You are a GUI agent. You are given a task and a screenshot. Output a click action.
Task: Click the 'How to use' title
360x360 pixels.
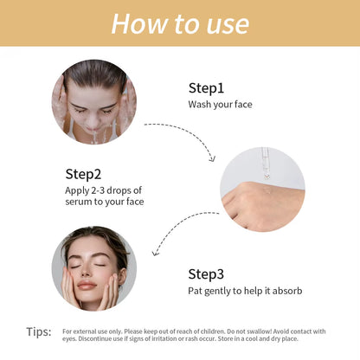(x=180, y=24)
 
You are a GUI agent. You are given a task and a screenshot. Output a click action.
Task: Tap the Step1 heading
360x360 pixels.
(x=206, y=88)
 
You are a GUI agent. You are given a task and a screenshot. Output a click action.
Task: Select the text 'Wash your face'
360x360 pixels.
(x=220, y=105)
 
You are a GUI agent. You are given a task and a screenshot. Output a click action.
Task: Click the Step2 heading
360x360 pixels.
(x=83, y=175)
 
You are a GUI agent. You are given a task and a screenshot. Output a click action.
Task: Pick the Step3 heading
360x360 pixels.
(x=206, y=274)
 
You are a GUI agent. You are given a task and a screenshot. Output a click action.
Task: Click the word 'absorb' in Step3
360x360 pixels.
(x=287, y=291)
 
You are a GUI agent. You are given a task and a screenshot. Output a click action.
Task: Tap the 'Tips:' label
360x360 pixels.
(x=39, y=331)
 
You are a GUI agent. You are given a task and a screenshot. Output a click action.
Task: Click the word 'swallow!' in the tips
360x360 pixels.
(x=260, y=331)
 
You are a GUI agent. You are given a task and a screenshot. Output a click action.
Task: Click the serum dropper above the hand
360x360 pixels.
(x=266, y=163)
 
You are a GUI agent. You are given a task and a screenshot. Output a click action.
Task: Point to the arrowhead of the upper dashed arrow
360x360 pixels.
(x=213, y=158)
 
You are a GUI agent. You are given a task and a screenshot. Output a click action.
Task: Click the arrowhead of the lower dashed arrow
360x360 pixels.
(x=156, y=253)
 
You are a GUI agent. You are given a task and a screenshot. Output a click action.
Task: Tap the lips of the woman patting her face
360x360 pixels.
(x=87, y=286)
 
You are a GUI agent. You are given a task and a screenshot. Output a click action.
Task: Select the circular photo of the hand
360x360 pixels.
(x=262, y=190)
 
